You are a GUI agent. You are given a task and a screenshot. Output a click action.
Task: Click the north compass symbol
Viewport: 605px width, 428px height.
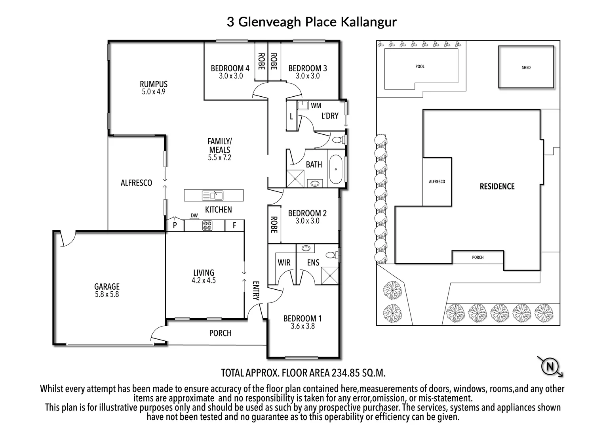click(x=550, y=367)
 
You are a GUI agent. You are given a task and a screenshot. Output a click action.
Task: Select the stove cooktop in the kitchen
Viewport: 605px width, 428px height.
click(x=207, y=225)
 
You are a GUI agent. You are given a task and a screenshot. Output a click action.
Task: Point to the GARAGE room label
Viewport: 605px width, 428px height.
click(x=107, y=287)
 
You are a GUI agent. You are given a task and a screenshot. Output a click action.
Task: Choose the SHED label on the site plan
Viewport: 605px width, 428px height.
click(x=526, y=67)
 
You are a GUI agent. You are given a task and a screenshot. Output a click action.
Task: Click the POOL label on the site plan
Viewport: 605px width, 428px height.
click(x=420, y=67)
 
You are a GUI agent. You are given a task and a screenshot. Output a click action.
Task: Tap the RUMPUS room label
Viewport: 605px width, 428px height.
click(x=153, y=84)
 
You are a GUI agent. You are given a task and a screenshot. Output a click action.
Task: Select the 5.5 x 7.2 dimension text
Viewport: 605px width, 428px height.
click(x=219, y=158)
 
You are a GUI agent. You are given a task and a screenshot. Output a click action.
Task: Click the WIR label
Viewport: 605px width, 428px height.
click(x=284, y=262)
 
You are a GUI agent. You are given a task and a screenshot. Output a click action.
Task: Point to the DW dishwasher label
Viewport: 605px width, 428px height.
click(x=194, y=216)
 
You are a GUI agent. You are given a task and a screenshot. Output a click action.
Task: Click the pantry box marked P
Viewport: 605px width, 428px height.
click(x=175, y=225)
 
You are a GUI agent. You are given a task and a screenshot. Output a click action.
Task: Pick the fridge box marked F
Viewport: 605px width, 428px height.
click(x=234, y=225)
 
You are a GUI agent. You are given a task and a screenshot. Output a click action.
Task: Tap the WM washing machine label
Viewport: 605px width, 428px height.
click(x=316, y=105)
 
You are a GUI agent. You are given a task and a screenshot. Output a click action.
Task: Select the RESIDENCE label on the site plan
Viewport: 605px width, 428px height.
click(x=497, y=186)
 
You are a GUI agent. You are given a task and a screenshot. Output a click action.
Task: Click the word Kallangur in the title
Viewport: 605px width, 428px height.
click(x=363, y=22)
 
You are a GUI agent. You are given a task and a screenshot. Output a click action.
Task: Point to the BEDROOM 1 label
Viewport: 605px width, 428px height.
click(x=302, y=318)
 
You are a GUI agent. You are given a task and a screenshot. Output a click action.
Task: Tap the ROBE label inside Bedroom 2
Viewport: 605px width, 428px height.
click(x=274, y=224)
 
